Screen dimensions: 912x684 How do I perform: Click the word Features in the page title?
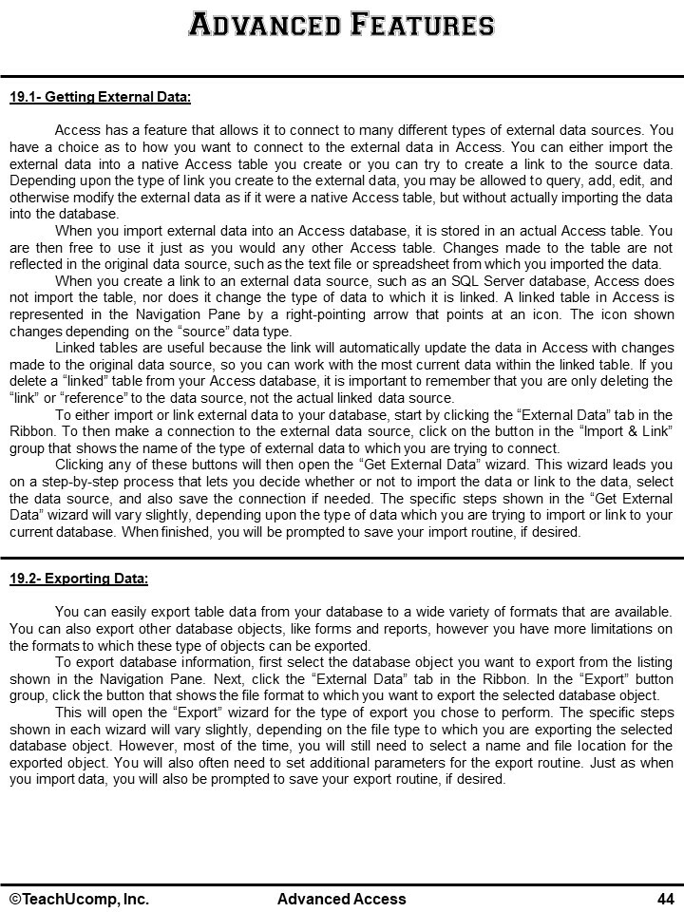click(x=423, y=25)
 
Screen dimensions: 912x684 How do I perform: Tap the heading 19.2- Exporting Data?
click(x=79, y=578)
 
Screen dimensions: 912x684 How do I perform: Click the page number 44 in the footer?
click(x=665, y=899)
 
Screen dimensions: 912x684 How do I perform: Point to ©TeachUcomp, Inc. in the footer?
click(x=79, y=899)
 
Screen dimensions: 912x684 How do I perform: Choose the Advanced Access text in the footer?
click(x=341, y=899)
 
